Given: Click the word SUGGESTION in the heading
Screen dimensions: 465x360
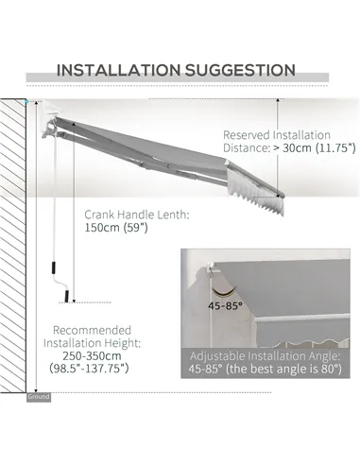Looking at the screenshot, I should point(240,70).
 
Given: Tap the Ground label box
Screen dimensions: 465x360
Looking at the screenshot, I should point(39,397).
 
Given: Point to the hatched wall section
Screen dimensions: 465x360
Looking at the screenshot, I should point(17,246).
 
